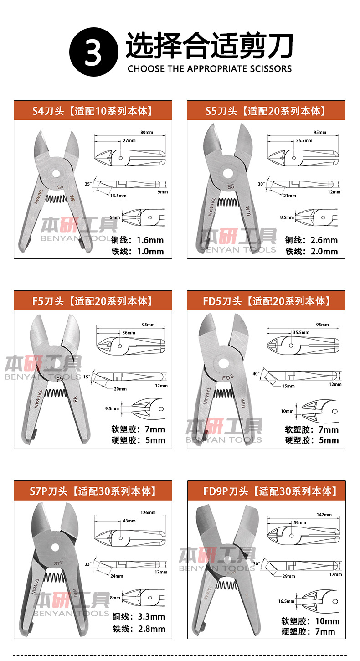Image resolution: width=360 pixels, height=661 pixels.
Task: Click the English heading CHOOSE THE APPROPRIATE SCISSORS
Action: (209, 69)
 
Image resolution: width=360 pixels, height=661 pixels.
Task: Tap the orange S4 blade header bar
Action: (93, 110)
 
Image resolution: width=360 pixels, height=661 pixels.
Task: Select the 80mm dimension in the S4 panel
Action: (147, 133)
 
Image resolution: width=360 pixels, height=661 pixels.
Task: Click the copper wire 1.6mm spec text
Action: (137, 240)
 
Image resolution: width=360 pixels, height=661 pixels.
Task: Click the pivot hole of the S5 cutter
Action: (228, 173)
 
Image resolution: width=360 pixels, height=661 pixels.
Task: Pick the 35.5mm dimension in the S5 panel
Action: (304, 141)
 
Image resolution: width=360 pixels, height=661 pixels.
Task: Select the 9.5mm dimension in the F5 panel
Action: (112, 409)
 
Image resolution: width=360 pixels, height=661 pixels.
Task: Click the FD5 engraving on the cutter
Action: (228, 377)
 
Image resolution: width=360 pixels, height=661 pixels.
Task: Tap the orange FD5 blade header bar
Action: (266, 301)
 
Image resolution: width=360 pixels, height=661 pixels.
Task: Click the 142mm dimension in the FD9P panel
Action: (324, 515)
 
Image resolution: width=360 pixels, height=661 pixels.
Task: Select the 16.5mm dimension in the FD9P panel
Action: (286, 601)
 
